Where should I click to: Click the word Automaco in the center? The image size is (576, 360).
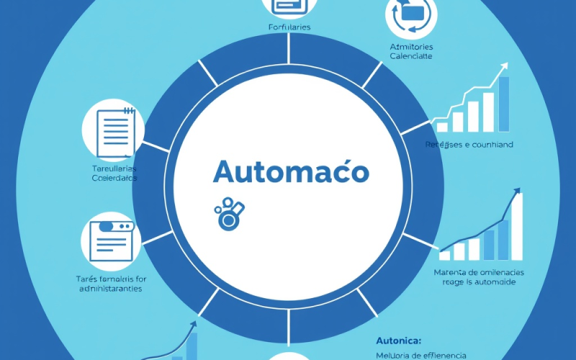[291, 174]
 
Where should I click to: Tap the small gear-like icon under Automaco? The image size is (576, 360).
[230, 213]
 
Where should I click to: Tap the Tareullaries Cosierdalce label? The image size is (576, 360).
[113, 173]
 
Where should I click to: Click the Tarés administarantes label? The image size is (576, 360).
[111, 283]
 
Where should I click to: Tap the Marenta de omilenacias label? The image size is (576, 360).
[479, 277]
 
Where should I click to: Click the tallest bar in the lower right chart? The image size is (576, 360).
[516, 226]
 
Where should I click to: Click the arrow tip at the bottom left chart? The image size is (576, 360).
[193, 325]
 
